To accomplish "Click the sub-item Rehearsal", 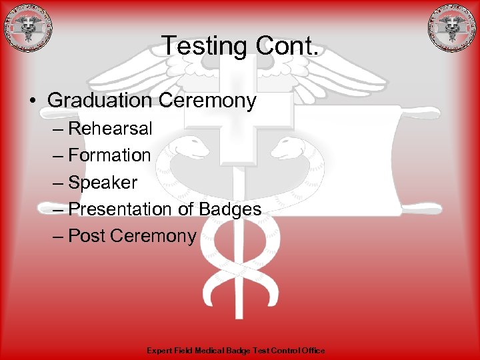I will [x=110, y=128].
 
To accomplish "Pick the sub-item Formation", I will [x=110, y=155].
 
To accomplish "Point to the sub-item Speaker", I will [x=103, y=182].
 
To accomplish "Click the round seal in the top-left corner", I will [x=27, y=28].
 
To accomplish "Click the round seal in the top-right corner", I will [x=453, y=28].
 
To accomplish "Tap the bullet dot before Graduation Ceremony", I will [x=31, y=101].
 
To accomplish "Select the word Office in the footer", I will [x=313, y=351].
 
